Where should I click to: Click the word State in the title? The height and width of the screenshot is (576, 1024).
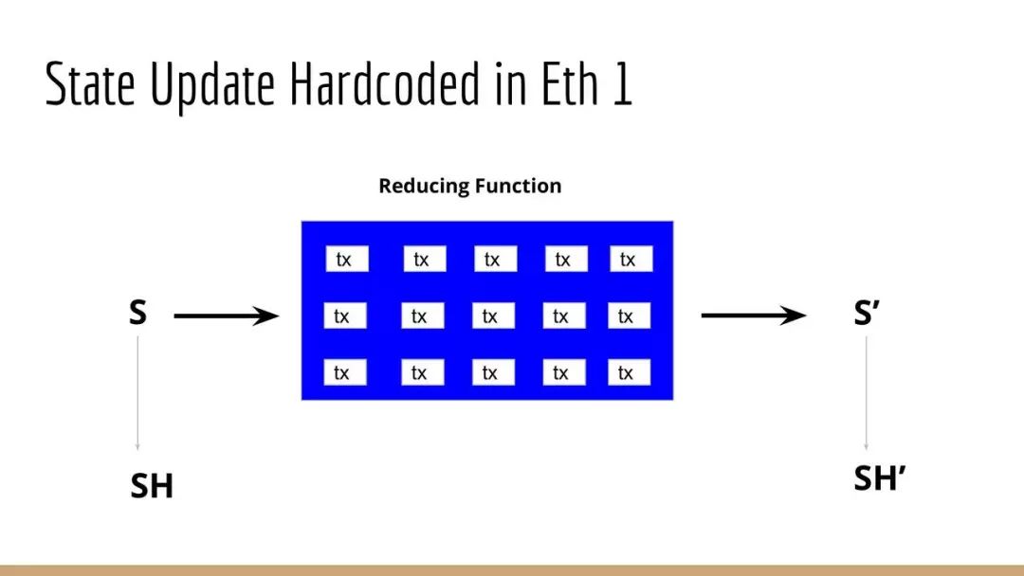point(90,83)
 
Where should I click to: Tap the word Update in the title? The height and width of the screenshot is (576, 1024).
point(213,86)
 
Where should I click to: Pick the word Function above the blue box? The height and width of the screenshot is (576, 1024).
point(517,186)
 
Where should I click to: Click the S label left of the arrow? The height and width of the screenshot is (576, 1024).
point(137,314)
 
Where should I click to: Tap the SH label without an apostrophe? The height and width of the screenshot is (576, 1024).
point(152,486)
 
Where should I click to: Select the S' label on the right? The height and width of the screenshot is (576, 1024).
point(867,314)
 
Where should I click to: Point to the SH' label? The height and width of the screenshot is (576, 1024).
point(880,478)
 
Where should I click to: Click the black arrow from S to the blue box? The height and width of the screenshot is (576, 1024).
point(227,315)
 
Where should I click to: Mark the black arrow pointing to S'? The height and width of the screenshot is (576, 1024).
point(754,315)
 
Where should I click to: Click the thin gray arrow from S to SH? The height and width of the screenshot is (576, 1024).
point(137,393)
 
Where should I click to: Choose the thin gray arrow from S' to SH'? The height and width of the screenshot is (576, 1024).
point(866,393)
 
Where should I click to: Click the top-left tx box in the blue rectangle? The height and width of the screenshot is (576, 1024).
point(347,259)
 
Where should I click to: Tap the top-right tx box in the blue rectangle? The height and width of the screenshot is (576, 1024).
point(631,259)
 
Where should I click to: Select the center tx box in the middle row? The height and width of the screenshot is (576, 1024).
point(493,315)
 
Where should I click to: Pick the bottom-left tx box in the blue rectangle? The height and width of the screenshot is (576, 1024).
point(345,372)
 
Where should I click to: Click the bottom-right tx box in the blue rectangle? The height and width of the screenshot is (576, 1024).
point(629,372)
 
